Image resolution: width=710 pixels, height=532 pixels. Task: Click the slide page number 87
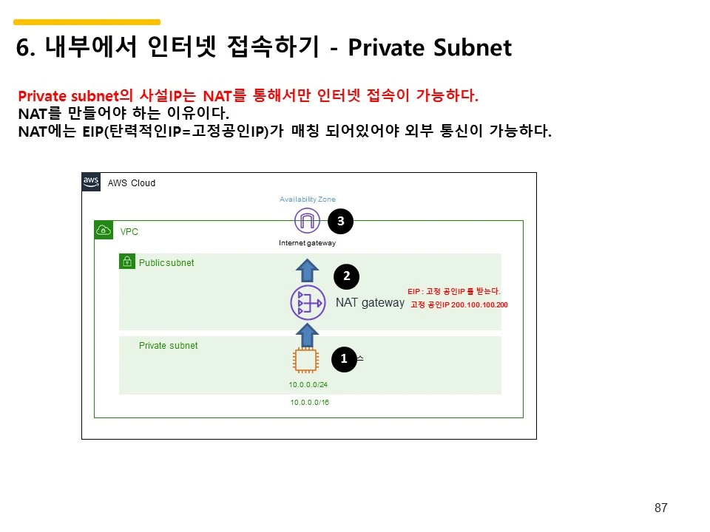coord(661,508)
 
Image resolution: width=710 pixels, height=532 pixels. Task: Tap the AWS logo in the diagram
coord(91,182)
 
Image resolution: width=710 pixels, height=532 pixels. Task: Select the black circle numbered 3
coord(340,220)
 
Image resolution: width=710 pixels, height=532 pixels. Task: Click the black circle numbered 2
coord(346,276)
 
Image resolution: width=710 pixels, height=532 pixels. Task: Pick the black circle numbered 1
coord(344,359)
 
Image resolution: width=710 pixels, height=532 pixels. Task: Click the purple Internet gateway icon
coord(306,221)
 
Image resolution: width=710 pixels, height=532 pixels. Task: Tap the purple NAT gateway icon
coord(308,303)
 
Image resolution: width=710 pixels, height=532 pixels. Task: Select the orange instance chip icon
coord(305,361)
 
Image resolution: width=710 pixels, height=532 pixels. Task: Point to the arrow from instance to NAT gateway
coord(307,334)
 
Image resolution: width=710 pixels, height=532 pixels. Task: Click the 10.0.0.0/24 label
coord(308,384)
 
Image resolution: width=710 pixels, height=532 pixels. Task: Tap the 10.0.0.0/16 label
coord(310,403)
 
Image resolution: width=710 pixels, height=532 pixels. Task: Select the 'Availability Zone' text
coord(308,199)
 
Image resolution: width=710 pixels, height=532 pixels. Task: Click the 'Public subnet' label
coord(166,263)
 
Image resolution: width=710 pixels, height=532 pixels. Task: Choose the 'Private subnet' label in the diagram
coord(169,346)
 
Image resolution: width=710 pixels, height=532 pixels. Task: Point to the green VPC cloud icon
coord(104,231)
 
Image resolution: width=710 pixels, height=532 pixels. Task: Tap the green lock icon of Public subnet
coord(127,262)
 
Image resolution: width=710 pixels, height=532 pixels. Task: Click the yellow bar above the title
coord(87,22)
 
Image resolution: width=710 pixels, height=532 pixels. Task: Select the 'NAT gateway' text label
coord(370,303)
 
